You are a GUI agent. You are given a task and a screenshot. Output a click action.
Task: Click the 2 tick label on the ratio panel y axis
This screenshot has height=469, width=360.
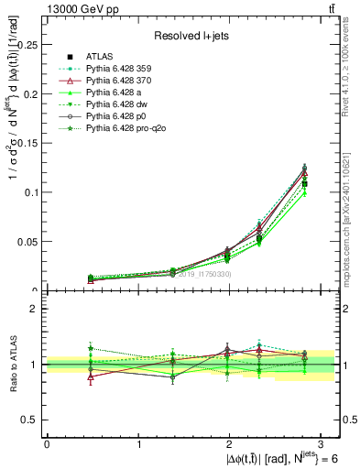pyautogui.click(x=38, y=310)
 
